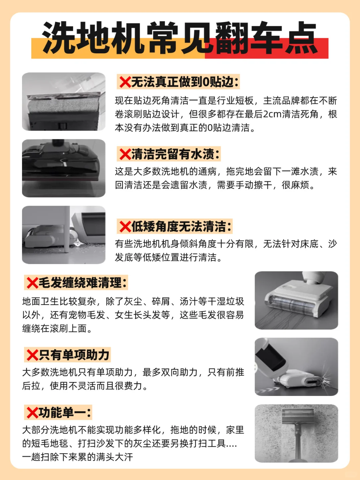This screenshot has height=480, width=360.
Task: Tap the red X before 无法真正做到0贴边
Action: point(125,82)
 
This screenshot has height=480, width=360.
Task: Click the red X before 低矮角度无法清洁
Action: point(125,226)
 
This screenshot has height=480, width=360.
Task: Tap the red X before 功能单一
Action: point(32,412)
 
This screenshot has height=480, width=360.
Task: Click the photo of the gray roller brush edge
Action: point(64,101)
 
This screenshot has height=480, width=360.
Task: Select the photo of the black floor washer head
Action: point(64,168)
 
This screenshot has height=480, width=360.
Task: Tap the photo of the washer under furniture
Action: point(64,235)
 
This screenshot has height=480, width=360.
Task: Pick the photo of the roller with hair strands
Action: point(296,300)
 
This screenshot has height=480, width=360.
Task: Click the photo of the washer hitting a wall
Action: point(296,367)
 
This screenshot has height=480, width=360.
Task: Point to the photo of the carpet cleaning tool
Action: point(296,433)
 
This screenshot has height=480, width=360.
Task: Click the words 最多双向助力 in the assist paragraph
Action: point(170,372)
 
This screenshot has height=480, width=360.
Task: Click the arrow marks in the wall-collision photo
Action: point(269,390)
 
